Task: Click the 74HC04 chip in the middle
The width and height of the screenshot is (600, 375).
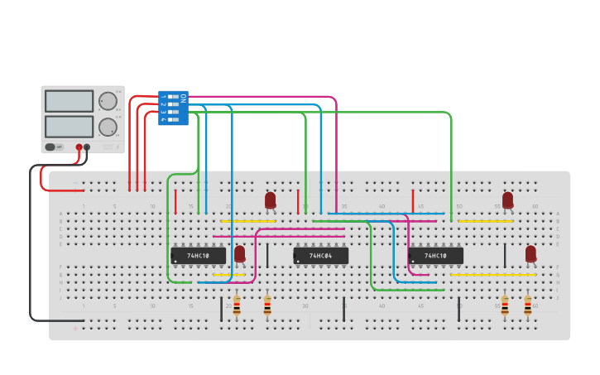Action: [321, 256]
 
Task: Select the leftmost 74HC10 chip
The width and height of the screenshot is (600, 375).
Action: [199, 256]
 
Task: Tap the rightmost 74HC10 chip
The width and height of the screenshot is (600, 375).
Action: [435, 256]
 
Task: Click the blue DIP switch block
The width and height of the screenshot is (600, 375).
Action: [173, 108]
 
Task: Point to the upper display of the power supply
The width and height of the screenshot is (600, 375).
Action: [70, 101]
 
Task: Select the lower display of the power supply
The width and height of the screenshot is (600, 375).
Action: [70, 127]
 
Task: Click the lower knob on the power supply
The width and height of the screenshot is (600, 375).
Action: [108, 127]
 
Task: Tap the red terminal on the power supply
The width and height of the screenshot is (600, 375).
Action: [79, 147]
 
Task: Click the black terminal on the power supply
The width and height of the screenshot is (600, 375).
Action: [87, 147]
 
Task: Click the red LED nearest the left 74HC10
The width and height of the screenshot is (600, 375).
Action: [240, 253]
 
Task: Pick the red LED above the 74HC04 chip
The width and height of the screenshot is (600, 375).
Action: [271, 200]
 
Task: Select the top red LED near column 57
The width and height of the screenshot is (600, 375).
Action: [508, 200]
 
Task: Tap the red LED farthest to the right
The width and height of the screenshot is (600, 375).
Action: [530, 253]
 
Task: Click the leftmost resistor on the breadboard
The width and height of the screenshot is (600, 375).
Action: [237, 306]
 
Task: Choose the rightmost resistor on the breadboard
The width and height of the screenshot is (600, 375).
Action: [528, 306]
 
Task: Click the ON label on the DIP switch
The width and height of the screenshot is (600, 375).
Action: [183, 98]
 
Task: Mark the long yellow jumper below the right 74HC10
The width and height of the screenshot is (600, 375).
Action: [492, 275]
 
